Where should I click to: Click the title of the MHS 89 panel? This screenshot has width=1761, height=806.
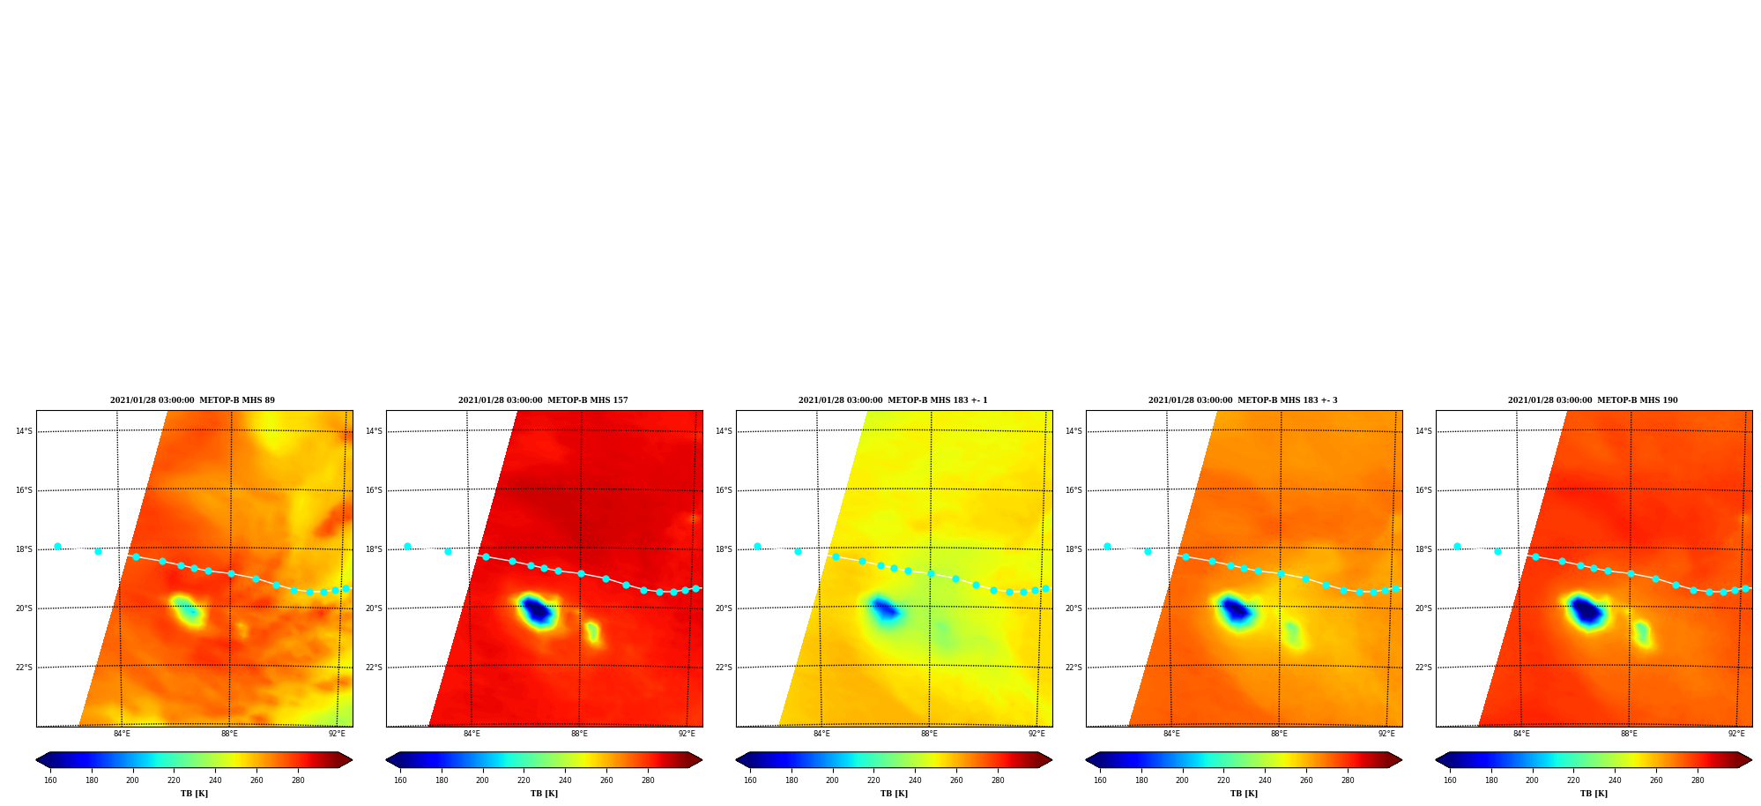pyautogui.click(x=192, y=400)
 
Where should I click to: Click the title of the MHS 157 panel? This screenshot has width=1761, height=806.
pyautogui.click(x=543, y=400)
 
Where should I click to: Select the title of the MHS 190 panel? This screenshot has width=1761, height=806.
pyautogui.click(x=1593, y=400)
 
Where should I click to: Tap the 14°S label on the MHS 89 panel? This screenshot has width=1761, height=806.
pyautogui.click(x=24, y=431)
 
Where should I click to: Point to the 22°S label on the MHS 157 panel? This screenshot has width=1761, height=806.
pyautogui.click(x=374, y=668)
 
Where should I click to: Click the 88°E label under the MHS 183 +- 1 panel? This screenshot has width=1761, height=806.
pyautogui.click(x=929, y=734)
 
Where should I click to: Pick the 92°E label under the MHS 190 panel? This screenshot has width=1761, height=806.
pyautogui.click(x=1736, y=734)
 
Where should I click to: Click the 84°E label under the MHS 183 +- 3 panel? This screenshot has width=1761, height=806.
pyautogui.click(x=1171, y=734)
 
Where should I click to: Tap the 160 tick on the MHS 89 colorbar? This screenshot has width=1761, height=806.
pyautogui.click(x=50, y=780)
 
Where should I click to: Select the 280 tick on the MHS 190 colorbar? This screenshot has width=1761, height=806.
pyautogui.click(x=1698, y=780)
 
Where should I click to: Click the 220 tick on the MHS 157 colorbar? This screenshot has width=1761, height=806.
pyautogui.click(x=524, y=780)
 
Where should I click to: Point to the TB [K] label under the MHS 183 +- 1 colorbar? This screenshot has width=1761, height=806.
pyautogui.click(x=894, y=794)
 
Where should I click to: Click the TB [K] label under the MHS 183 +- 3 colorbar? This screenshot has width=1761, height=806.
pyautogui.click(x=1244, y=794)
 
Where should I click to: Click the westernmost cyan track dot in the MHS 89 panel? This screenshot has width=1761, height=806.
pyautogui.click(x=57, y=546)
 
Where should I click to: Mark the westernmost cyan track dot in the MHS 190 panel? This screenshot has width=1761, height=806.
pyautogui.click(x=1457, y=546)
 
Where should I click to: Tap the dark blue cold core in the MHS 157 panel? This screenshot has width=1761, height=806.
pyautogui.click(x=537, y=610)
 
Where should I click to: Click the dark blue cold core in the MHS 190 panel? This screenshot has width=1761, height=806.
pyautogui.click(x=1586, y=610)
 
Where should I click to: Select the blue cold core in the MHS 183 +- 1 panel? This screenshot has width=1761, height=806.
pyautogui.click(x=884, y=608)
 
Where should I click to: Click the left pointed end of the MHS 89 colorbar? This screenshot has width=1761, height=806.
pyautogui.click(x=37, y=760)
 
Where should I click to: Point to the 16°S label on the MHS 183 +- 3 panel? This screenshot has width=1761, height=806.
pyautogui.click(x=1074, y=490)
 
